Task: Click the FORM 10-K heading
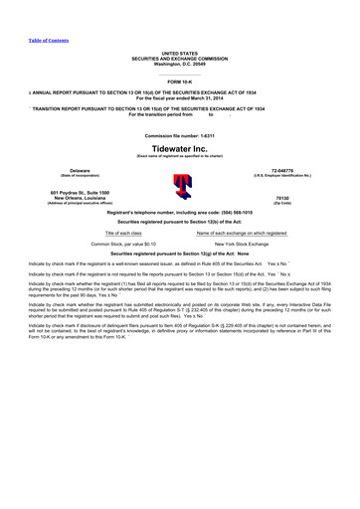pos(180,81)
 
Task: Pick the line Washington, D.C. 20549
pos(180,62)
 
